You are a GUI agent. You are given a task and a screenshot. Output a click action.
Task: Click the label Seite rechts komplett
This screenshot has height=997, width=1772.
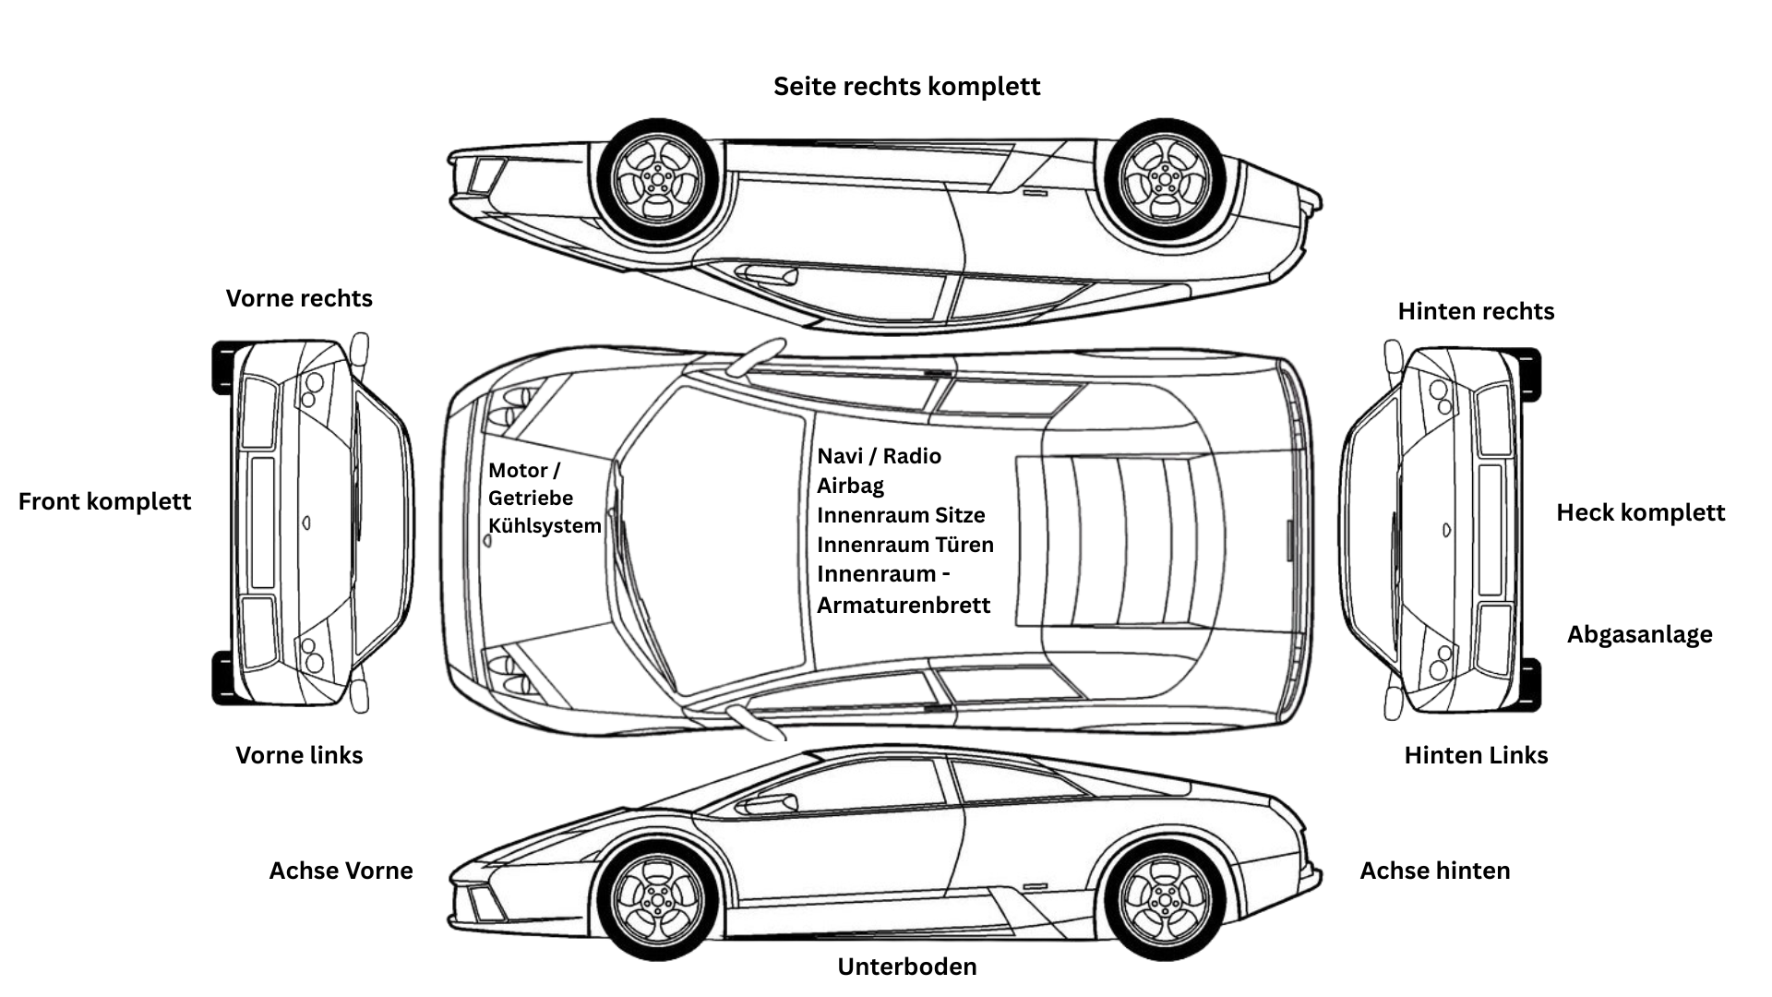click(x=906, y=87)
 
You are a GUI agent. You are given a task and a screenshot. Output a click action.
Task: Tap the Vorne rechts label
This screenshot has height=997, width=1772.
click(x=299, y=298)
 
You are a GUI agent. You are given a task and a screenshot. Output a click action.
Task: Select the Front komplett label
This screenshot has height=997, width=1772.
click(x=104, y=501)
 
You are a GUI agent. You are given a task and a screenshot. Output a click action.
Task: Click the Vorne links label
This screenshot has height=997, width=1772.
click(x=299, y=755)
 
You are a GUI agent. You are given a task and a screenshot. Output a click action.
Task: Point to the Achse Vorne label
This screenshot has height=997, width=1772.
click(x=341, y=871)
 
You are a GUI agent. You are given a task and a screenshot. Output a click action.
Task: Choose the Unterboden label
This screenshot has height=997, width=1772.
click(x=906, y=967)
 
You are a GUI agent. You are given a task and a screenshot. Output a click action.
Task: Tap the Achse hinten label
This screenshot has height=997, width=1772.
click(x=1434, y=871)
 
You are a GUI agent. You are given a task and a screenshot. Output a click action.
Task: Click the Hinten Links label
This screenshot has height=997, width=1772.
click(x=1476, y=755)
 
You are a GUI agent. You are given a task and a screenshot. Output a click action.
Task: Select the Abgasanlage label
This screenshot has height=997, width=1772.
click(x=1639, y=634)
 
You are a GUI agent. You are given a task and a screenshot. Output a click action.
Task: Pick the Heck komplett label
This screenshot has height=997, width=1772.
click(x=1640, y=512)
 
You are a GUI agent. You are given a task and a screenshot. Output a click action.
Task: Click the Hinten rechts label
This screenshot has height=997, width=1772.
click(x=1476, y=311)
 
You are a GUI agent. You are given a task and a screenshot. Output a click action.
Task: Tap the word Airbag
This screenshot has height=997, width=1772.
click(x=850, y=486)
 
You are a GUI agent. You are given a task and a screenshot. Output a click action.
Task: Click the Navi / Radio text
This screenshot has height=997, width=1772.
click(x=879, y=456)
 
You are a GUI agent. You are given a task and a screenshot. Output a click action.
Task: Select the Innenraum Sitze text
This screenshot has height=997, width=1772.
click(x=901, y=515)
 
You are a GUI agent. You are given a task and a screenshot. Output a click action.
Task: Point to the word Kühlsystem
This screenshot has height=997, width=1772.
click(x=545, y=526)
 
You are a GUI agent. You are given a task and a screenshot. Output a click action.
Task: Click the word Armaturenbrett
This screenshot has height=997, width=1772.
click(x=904, y=606)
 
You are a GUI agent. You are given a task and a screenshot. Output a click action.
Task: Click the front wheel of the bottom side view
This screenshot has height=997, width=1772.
click(x=657, y=899)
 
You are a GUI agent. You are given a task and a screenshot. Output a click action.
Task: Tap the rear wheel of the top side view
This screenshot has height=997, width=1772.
click(x=1165, y=179)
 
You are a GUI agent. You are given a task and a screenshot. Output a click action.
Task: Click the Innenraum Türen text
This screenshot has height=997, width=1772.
click(x=905, y=545)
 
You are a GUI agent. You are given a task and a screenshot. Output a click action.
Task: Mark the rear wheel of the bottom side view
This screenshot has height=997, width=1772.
click(x=1165, y=899)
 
